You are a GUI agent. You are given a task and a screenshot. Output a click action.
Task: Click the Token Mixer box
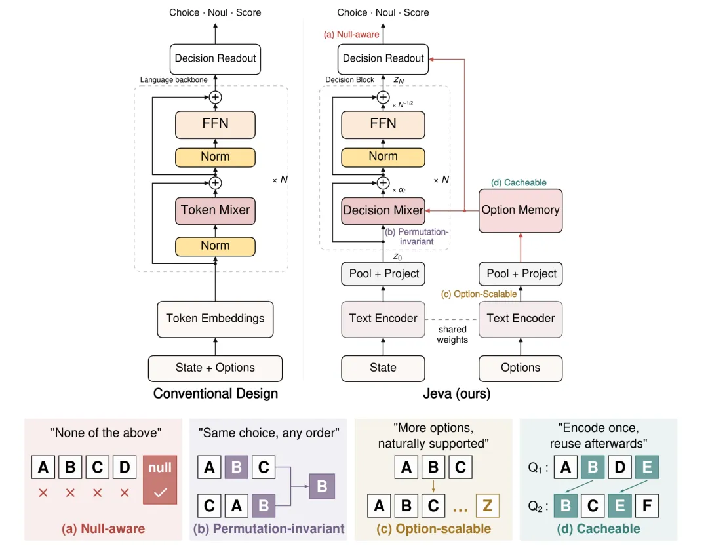coord(215,210)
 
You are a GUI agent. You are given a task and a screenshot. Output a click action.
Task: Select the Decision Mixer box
coord(383,210)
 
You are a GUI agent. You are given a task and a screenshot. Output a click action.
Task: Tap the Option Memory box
coord(520,210)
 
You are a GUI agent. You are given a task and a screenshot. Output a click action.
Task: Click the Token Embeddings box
coord(215,319)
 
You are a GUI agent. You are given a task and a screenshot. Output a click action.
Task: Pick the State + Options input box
coord(215,368)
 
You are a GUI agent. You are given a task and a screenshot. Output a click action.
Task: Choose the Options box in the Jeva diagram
coord(520,368)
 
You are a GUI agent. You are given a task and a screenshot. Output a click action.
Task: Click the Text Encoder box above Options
coord(520,319)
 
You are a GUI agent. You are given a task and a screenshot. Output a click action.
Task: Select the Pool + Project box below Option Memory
coord(520,274)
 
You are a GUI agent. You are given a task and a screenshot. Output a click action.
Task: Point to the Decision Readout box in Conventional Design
coord(215,59)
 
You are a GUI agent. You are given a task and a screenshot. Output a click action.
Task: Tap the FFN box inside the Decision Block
coord(383,124)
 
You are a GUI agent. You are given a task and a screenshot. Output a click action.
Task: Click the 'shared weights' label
coord(452,335)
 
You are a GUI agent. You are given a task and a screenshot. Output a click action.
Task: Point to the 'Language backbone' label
coord(174,80)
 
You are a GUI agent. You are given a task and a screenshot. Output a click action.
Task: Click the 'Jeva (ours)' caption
coord(456,394)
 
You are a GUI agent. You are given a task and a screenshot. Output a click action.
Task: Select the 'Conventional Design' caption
coord(216,394)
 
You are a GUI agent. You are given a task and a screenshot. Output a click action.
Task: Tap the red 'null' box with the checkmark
coord(160,480)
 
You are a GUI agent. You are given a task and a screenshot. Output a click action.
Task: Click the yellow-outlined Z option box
coord(487,505)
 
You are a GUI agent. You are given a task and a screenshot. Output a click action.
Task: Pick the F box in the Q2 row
coord(646,505)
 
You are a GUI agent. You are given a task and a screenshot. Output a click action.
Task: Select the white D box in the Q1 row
coord(619,467)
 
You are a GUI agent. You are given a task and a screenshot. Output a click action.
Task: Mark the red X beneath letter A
coord(43,493)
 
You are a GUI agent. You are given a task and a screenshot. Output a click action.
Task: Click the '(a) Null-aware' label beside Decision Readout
coord(351,34)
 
